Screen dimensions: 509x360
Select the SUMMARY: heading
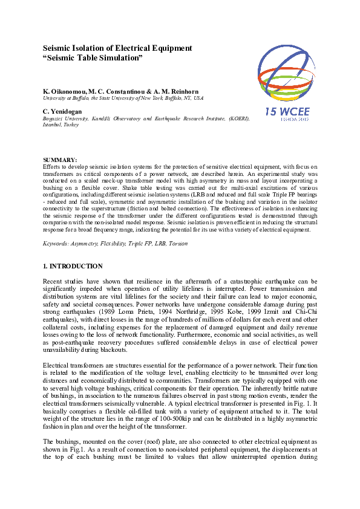(x=57, y=160)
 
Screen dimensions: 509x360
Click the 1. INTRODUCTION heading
(x=73, y=266)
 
